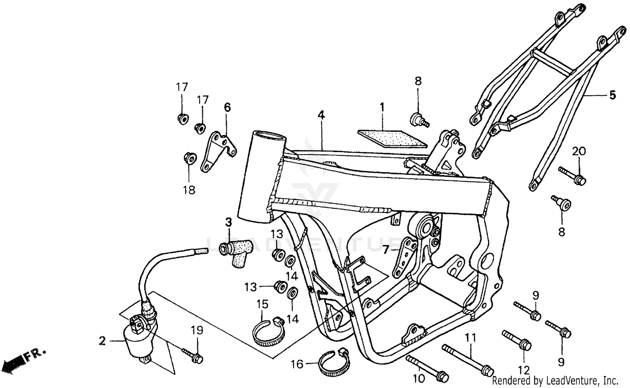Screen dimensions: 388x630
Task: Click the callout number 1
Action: pos(382,107)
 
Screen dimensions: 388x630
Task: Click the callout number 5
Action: pos(612,95)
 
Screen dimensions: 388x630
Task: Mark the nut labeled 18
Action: pos(189,158)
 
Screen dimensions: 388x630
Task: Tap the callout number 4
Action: pos(321,115)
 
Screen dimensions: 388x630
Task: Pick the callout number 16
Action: pos(297,364)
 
